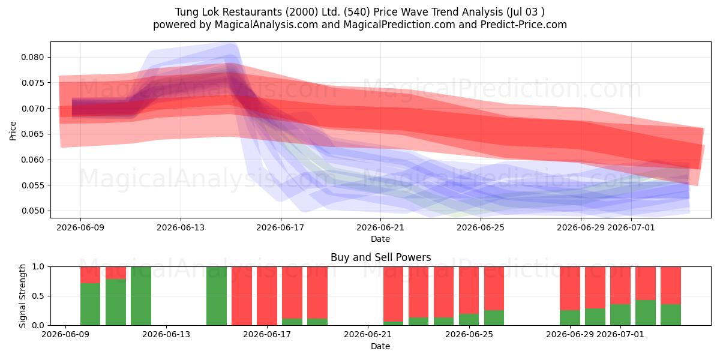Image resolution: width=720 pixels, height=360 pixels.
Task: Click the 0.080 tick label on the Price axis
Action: point(32,57)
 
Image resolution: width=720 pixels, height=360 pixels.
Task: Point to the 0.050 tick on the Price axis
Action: point(32,211)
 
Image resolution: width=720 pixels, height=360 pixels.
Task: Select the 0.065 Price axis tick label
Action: point(32,134)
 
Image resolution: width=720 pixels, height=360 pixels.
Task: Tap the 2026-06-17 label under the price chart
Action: point(280,227)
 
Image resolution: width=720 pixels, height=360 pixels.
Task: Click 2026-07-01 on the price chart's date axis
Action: point(631,227)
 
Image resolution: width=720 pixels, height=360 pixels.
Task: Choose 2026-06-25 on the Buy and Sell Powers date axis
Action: point(469,335)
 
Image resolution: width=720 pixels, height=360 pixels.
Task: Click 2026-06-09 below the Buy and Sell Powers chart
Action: point(65,335)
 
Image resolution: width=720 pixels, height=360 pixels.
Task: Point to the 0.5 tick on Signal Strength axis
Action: point(38,296)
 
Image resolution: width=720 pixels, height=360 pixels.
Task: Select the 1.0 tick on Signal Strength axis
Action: point(38,267)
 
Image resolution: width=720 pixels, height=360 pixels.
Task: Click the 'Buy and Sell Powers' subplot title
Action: point(380,257)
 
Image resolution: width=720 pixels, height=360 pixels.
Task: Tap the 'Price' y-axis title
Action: point(13,131)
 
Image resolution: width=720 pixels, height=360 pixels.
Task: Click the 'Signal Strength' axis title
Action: point(22,296)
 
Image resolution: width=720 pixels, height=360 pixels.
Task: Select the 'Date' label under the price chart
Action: point(380,239)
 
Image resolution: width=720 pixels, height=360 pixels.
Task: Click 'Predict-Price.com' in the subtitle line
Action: point(524,25)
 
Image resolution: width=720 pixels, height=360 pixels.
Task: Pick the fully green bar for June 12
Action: point(141,296)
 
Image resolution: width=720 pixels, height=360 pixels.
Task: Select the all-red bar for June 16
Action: point(242,296)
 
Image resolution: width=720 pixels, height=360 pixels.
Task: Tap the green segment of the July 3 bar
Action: point(671,314)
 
